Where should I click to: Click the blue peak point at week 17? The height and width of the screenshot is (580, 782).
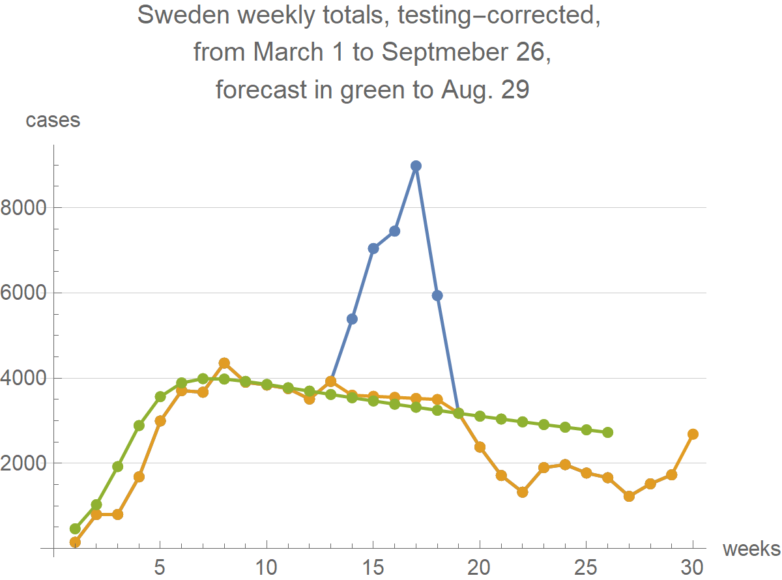[416, 166]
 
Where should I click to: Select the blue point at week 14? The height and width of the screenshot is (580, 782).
[352, 319]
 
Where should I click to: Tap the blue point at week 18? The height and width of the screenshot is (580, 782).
[437, 295]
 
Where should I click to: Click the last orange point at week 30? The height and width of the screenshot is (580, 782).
[693, 434]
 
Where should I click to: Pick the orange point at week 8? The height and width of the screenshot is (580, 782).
[224, 363]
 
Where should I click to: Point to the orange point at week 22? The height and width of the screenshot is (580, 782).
[523, 492]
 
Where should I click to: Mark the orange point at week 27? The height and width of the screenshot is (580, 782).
[629, 496]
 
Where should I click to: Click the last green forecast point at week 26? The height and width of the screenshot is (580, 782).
[607, 433]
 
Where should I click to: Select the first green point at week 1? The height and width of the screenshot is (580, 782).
[75, 529]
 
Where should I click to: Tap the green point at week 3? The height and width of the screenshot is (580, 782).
[117, 467]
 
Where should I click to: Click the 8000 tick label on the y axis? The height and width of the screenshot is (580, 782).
[25, 208]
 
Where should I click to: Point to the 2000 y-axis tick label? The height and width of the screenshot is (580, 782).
[25, 463]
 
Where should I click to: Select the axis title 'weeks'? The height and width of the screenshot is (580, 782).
[751, 549]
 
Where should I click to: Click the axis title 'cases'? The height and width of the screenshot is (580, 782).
[53, 120]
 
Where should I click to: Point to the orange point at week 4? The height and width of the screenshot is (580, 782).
[139, 477]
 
